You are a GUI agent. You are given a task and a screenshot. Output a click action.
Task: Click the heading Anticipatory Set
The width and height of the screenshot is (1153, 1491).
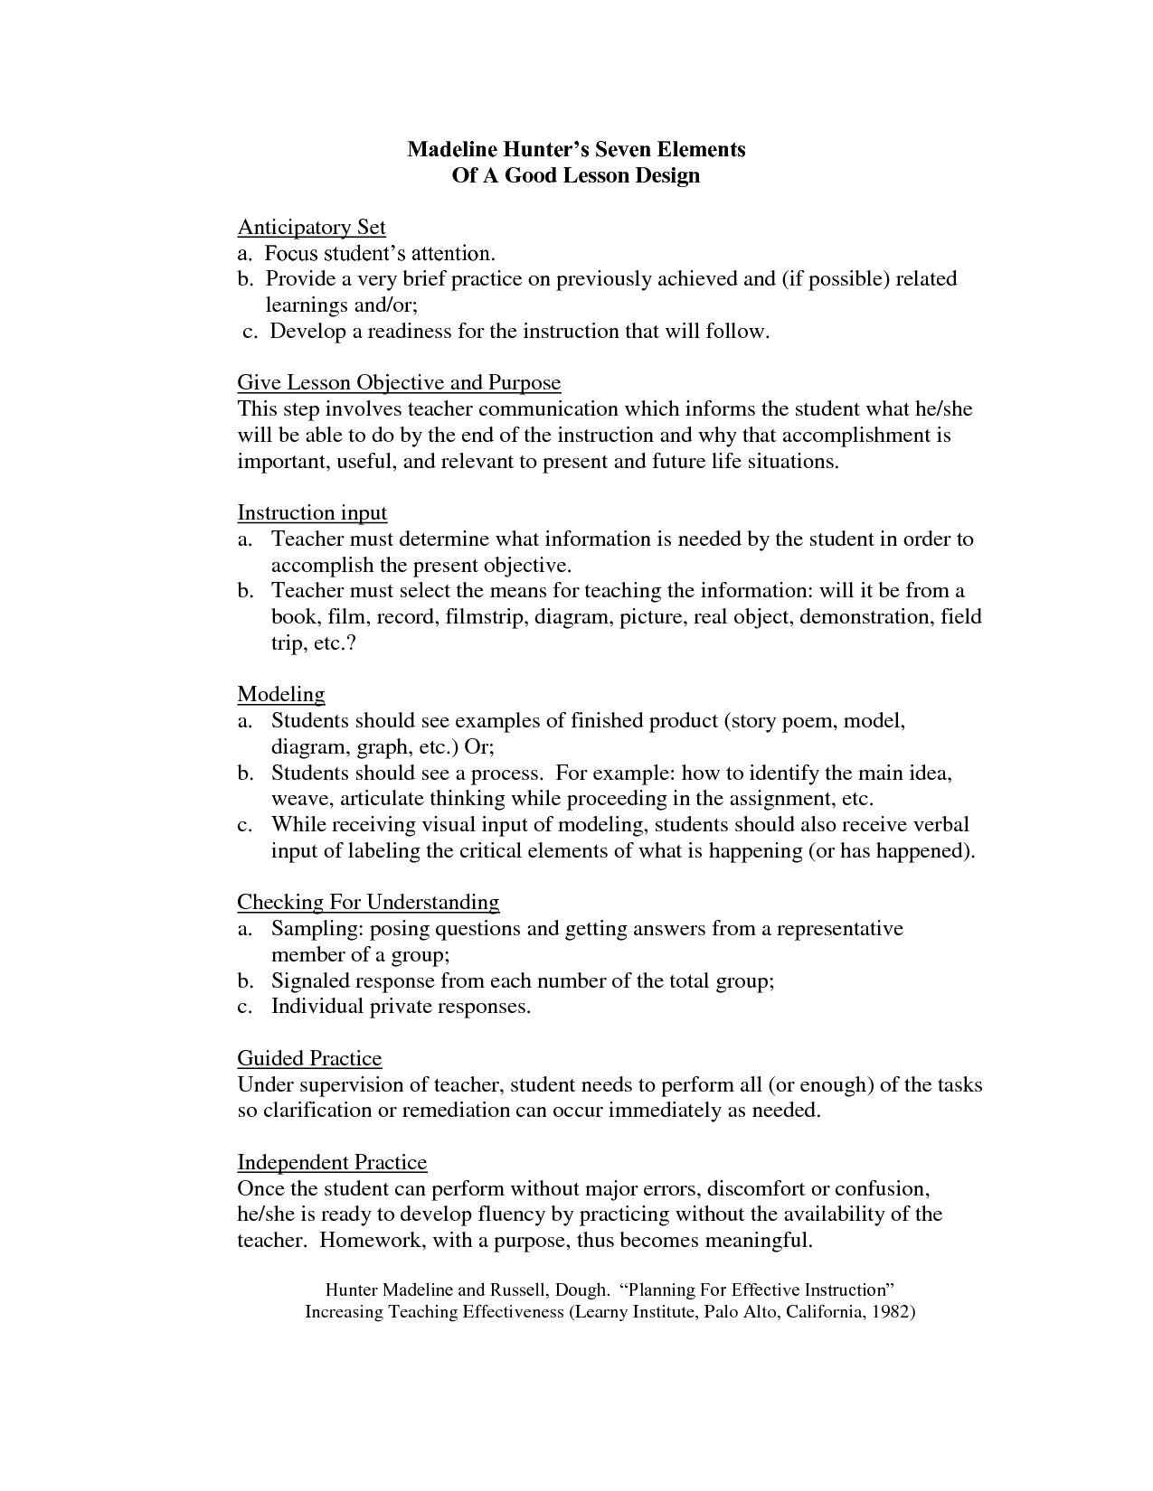(x=311, y=227)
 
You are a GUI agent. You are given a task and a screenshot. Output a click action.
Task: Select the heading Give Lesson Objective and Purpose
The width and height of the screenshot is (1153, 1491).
(x=399, y=382)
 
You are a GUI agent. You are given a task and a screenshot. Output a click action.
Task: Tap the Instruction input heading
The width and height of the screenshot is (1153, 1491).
(x=312, y=513)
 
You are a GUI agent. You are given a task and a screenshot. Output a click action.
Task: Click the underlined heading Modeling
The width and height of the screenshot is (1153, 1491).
(x=281, y=694)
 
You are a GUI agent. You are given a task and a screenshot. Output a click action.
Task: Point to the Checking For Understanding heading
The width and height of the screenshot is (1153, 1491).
(x=368, y=902)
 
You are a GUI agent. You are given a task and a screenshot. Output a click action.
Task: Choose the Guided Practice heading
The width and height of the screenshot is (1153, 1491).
(x=309, y=1058)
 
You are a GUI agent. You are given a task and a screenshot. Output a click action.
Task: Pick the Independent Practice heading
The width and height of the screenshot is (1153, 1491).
(x=332, y=1162)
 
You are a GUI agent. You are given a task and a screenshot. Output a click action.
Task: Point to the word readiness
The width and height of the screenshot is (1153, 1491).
(x=407, y=332)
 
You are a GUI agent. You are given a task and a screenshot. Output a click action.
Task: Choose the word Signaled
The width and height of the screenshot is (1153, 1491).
(x=309, y=981)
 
